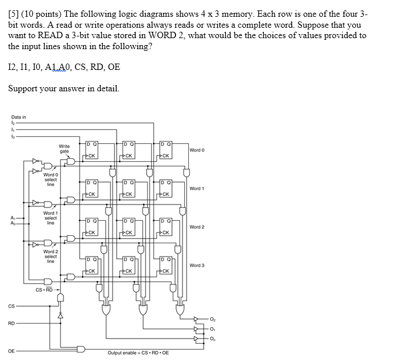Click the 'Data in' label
(x=18, y=117)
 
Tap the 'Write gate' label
(x=65, y=149)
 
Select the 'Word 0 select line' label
(x=50, y=179)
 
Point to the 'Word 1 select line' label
(x=50, y=218)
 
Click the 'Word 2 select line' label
(x=50, y=256)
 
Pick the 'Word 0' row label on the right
(x=197, y=150)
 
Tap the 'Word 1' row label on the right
(x=197, y=188)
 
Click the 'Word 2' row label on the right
(x=197, y=227)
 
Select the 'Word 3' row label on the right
(x=197, y=265)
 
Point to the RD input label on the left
(x=12, y=324)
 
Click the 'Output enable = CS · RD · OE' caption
(x=138, y=352)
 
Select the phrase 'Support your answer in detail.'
(x=64, y=89)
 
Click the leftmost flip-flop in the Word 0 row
(x=91, y=149)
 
